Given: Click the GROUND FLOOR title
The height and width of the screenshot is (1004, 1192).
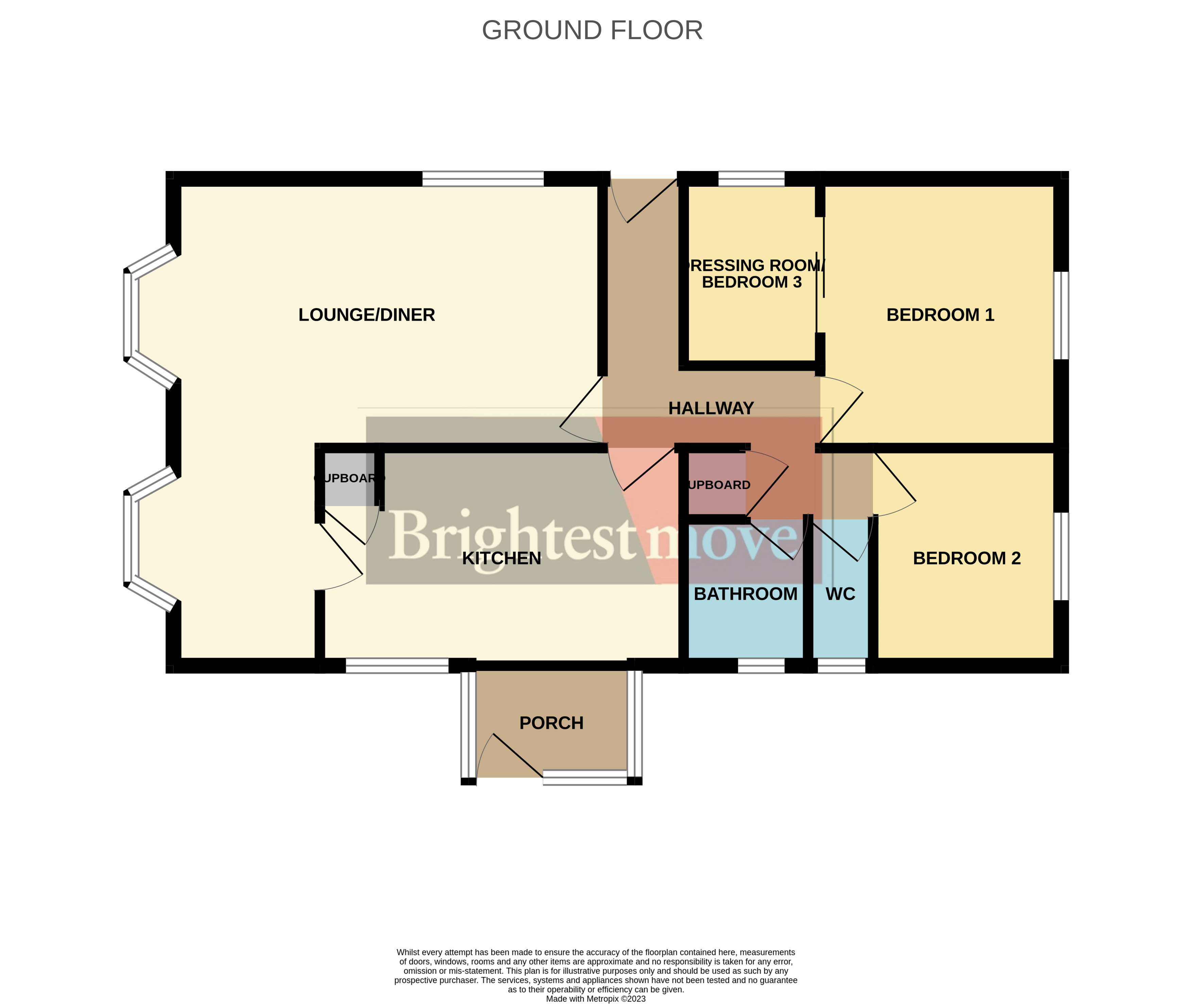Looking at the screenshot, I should pos(592,30).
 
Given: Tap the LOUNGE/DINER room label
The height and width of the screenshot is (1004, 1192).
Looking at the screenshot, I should pos(366,315).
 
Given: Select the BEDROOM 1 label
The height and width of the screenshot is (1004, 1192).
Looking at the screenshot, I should pos(940,315).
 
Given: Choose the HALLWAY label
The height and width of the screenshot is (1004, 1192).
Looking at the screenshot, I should pos(710,408).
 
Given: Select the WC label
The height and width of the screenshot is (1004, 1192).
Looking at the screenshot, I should pos(840,593).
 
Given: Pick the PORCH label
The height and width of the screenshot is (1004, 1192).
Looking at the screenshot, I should pos(551,723).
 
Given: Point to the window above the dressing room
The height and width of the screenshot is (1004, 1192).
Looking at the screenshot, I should pos(751,179).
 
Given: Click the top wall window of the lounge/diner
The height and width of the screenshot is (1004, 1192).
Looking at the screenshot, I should pos(483,179).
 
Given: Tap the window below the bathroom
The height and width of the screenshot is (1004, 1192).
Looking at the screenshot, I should pos(761,665).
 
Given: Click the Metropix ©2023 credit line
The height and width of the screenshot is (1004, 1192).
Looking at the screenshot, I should pos(595,998).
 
